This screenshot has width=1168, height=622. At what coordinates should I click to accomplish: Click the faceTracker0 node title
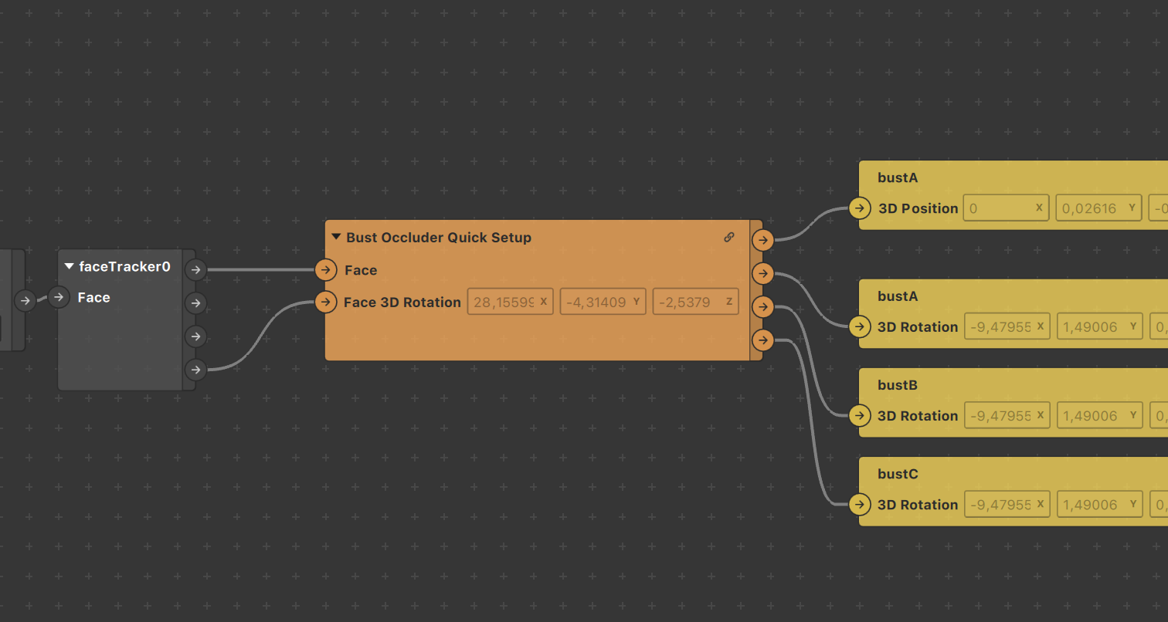point(124,267)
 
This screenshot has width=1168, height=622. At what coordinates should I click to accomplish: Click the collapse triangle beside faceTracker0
point(70,267)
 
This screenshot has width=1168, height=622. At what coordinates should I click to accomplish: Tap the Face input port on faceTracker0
point(59,297)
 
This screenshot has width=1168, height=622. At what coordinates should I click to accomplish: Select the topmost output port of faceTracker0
point(196,269)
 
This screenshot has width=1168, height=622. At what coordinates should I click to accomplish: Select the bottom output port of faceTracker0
point(196,370)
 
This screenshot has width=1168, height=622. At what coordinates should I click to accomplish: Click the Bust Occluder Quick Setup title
point(438,238)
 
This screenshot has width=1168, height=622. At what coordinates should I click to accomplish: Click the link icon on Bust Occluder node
point(728,238)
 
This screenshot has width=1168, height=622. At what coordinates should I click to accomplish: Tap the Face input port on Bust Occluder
point(326,269)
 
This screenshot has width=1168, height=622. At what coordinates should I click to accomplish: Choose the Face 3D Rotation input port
point(326,302)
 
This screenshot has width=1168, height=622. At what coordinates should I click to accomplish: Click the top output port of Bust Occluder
point(762,240)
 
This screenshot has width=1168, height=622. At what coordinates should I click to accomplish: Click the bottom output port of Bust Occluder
point(762,340)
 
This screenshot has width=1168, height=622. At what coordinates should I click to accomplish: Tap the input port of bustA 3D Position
point(859,208)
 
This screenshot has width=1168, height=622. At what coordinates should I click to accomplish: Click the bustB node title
point(898,385)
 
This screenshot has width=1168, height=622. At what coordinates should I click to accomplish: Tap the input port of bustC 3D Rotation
point(859,505)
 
